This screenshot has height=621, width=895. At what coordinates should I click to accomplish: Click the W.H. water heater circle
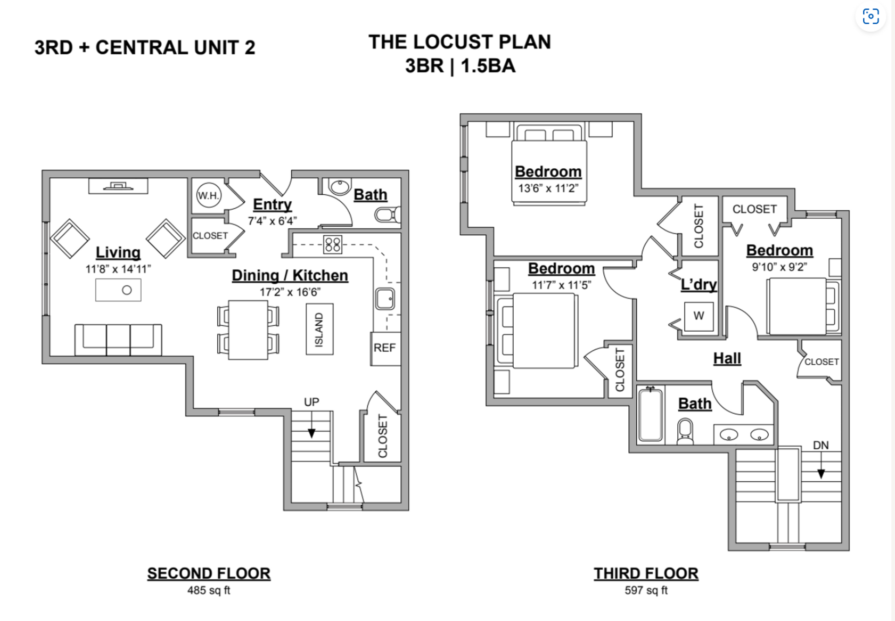click(x=208, y=195)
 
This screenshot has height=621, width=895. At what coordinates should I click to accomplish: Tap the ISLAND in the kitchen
click(x=319, y=329)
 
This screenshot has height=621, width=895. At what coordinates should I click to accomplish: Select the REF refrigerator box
click(x=385, y=348)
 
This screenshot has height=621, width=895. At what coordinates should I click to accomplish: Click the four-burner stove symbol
click(x=333, y=245)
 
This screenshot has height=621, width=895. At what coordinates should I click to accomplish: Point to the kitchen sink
click(x=385, y=299)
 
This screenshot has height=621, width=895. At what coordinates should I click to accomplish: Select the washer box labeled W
click(x=698, y=316)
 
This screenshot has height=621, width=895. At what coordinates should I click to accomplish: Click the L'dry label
click(x=698, y=284)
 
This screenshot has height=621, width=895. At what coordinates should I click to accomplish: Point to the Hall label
click(x=727, y=358)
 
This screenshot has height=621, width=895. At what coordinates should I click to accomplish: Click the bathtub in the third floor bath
click(x=650, y=415)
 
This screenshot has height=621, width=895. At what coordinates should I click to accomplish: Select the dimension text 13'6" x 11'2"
click(x=548, y=188)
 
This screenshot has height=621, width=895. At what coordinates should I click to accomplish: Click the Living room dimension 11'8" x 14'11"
click(x=118, y=269)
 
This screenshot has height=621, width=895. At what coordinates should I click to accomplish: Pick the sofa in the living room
click(x=118, y=340)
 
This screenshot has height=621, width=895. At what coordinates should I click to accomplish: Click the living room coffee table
click(x=118, y=290)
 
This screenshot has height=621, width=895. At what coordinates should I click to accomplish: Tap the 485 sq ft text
click(x=208, y=590)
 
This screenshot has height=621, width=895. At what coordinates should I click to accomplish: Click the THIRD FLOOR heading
click(x=646, y=573)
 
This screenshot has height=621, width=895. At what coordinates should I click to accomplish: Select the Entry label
click(x=272, y=204)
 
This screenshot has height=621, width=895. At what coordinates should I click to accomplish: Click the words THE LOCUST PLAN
click(x=460, y=42)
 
